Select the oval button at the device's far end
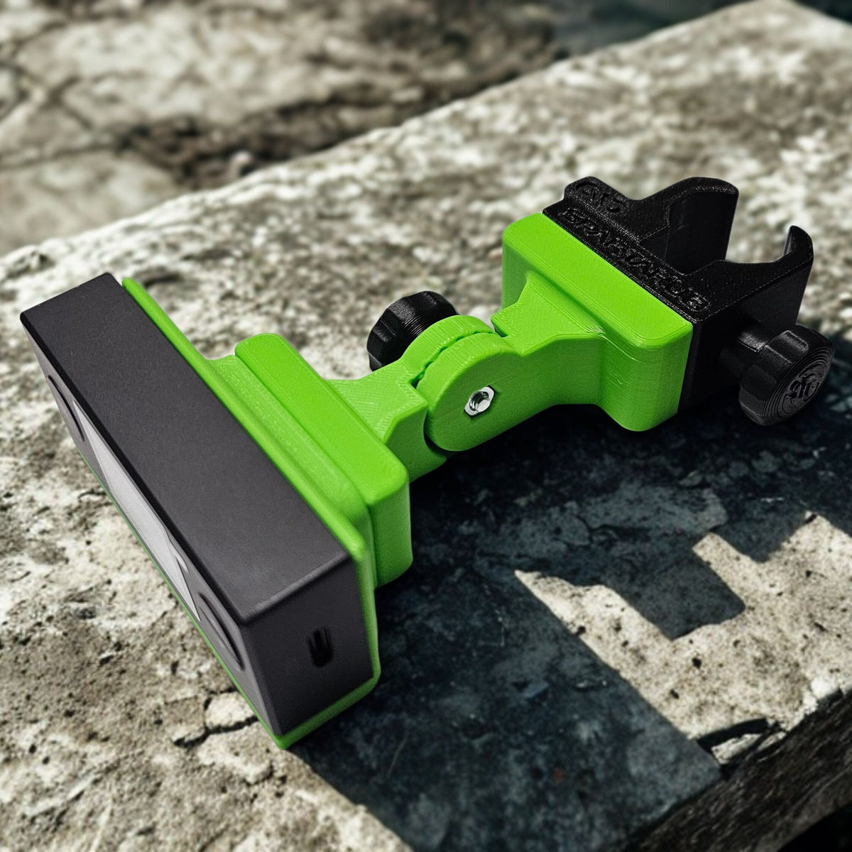(60, 398)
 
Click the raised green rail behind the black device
(319, 398)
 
